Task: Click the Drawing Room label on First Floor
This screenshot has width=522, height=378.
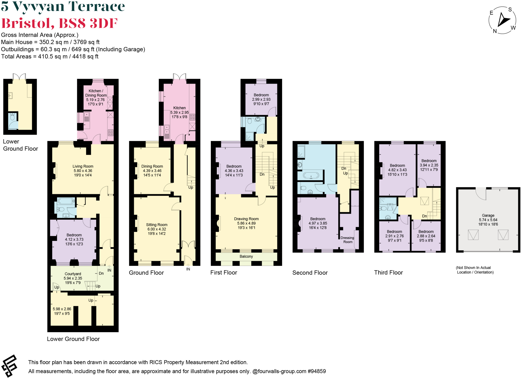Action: [246, 219]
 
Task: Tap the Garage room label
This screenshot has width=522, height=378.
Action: [488, 215]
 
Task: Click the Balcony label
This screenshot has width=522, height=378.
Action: [246, 256]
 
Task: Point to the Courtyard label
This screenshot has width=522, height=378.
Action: [73, 274]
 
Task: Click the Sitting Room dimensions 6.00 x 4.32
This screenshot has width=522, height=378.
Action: [156, 229]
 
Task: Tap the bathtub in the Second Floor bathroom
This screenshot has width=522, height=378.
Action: [311, 175]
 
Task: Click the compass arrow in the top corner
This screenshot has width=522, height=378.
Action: [503, 20]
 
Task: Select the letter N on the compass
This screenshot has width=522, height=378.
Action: [495, 31]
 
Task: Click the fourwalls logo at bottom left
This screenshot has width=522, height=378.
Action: [9, 366]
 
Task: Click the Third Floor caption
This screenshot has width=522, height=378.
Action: [388, 272]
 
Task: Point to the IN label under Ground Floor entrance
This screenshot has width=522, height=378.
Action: [188, 269]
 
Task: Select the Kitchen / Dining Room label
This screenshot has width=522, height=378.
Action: [96, 93]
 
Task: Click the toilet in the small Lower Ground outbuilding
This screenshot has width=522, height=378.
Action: [12, 117]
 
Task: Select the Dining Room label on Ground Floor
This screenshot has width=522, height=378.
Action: [152, 166]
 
